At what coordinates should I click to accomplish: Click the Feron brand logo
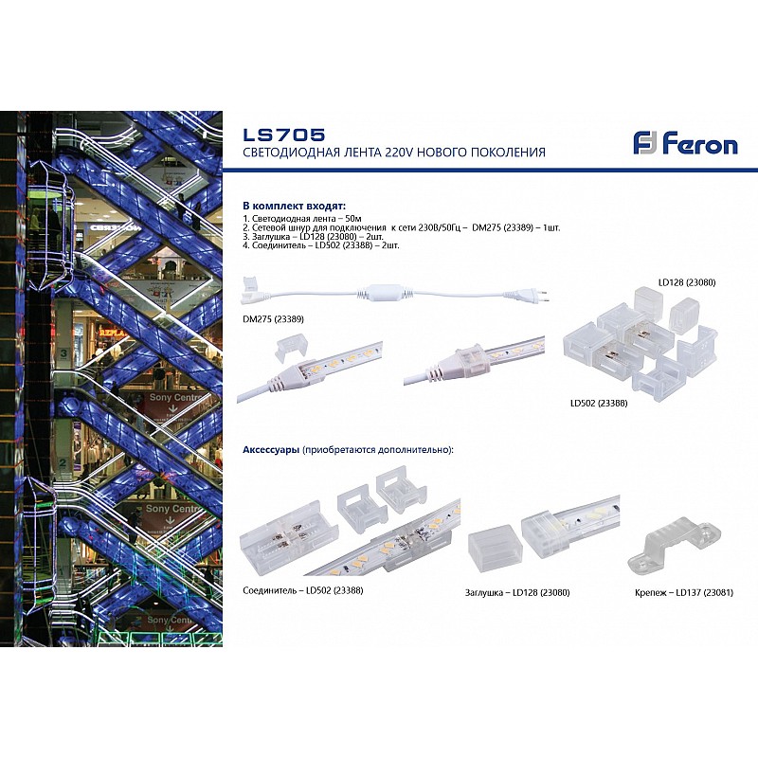click(x=685, y=143)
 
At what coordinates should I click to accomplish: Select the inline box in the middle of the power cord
click(x=386, y=292)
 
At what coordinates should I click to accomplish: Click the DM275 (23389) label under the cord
click(x=274, y=319)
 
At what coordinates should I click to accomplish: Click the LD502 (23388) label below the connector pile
click(x=599, y=403)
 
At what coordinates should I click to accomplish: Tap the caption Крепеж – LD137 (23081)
click(x=683, y=592)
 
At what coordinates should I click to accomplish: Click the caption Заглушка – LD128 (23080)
click(x=517, y=592)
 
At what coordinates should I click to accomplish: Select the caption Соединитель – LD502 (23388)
click(x=303, y=590)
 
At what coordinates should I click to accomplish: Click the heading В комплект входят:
click(x=295, y=207)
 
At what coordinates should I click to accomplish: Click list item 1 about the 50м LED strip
click(x=302, y=219)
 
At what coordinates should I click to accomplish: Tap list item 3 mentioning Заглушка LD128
click(x=313, y=236)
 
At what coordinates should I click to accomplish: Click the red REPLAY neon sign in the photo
click(x=112, y=333)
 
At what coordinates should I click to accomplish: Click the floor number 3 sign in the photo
click(x=63, y=353)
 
